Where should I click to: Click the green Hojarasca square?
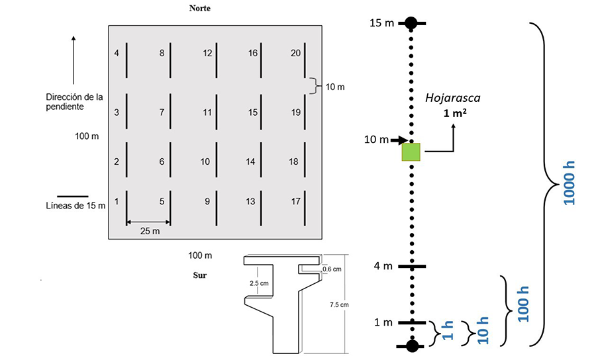coord(411,152)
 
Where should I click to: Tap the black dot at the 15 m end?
coord(411,23)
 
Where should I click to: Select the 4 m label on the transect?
coord(383,266)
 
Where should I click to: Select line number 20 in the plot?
coord(305,60)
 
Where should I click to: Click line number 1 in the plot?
coord(126,206)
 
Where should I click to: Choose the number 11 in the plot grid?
coord(207,112)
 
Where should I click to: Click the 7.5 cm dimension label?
coord(338,304)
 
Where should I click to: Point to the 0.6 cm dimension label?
coord(331,269)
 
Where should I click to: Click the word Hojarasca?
coord(453,98)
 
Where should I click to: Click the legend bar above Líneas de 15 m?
coord(73,196)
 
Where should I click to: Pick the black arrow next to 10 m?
coord(399,140)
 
